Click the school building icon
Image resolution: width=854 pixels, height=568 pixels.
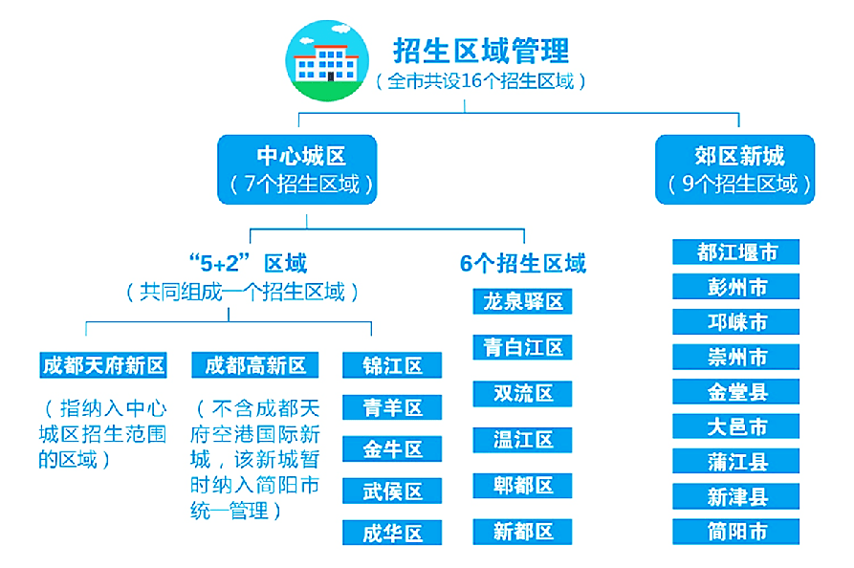coord(327,60)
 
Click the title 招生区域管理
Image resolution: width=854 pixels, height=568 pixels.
coord(481,51)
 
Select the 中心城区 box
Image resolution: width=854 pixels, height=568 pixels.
coord(296,169)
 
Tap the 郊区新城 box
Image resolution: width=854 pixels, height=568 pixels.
coord(735,169)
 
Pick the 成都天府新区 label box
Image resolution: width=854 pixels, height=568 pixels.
coord(103,365)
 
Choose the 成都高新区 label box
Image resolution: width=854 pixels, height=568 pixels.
coord(255,365)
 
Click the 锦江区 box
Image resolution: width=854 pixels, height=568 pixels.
coord(392,365)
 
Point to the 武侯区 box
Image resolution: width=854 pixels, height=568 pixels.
coord(392,492)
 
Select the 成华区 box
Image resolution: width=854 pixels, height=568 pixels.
coord(392,533)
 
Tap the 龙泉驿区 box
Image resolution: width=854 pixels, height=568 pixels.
coord(522,301)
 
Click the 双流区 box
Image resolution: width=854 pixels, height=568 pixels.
coord(522,393)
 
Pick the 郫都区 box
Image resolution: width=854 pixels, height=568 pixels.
coord(522,485)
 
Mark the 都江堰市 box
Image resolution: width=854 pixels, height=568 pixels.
coord(735,251)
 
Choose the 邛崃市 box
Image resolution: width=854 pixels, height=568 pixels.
coord(735,322)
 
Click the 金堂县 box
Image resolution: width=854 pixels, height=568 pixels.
coord(735,391)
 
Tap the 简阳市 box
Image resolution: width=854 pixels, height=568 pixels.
coord(735,532)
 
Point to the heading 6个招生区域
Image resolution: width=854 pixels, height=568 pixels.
coord(523,264)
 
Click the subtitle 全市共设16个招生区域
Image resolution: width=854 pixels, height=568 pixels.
coord(480,81)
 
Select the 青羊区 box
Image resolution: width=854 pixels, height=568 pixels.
coord(392,407)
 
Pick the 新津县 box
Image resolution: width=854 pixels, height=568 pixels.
coord(735,496)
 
